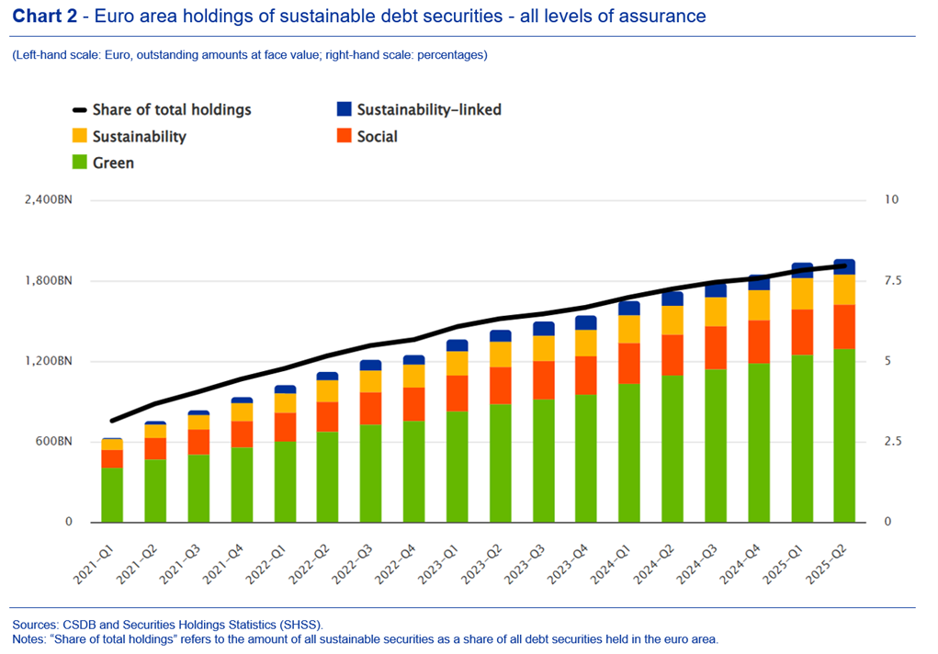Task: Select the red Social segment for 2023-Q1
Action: (x=457, y=393)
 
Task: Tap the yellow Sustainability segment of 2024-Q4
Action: (x=758, y=305)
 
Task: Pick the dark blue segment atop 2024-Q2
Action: (x=672, y=299)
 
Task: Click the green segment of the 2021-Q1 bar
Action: (x=112, y=494)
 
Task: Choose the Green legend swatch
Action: (x=80, y=163)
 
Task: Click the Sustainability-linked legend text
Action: (x=429, y=109)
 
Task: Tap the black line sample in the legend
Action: (x=80, y=110)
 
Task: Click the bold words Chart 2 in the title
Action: (x=44, y=17)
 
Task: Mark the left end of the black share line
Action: (x=112, y=421)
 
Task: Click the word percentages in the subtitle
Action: (x=449, y=55)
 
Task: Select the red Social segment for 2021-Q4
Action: (x=242, y=434)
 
